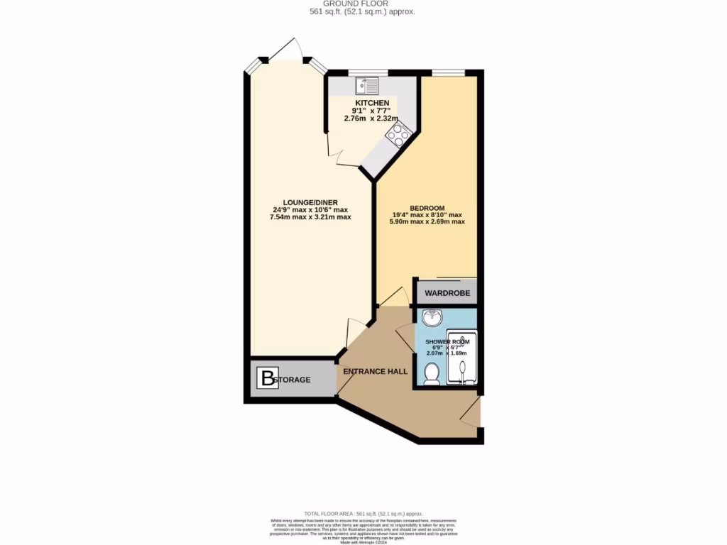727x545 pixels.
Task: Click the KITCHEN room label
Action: [x=372, y=104]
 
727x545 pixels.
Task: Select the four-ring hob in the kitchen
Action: [x=398, y=135]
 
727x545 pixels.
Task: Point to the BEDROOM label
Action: [x=427, y=207]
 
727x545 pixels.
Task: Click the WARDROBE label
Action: [x=447, y=292]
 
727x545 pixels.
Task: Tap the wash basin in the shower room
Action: [x=431, y=317]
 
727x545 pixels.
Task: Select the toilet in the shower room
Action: [x=431, y=372]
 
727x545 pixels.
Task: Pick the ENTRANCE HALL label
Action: [x=374, y=372]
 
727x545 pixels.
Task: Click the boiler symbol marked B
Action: [x=268, y=379]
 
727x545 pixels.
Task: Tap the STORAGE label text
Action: [x=294, y=380]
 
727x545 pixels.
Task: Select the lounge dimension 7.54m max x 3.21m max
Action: [x=310, y=217]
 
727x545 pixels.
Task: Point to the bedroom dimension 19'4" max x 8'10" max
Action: [x=427, y=215]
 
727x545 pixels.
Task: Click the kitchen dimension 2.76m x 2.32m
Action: [x=372, y=119]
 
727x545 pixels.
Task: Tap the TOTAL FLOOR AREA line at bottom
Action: [x=363, y=513]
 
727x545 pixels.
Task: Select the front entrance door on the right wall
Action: [x=471, y=412]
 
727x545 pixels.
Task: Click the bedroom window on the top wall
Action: [x=449, y=72]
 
